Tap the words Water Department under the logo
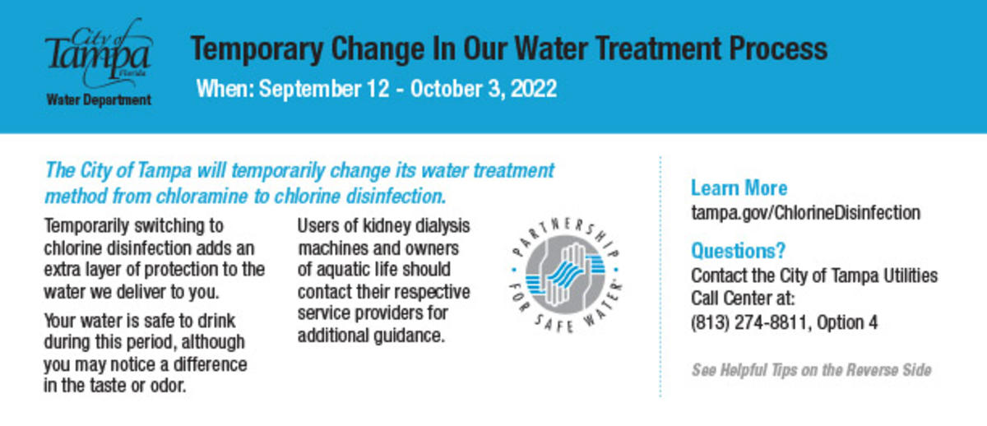pyautogui.click(x=99, y=100)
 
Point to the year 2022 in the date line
pyautogui.click(x=533, y=88)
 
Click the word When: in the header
pyautogui.click(x=225, y=88)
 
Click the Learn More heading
pyautogui.click(x=739, y=188)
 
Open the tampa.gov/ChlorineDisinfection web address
pyautogui.click(x=805, y=212)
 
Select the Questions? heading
pyautogui.click(x=738, y=249)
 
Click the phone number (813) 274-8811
pyautogui.click(x=749, y=323)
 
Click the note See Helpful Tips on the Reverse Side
pyautogui.click(x=811, y=370)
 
